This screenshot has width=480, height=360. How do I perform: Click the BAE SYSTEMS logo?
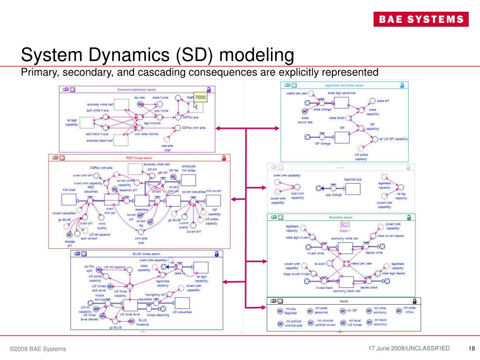(x=420, y=19)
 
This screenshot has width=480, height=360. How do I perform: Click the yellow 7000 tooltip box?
(x=201, y=97)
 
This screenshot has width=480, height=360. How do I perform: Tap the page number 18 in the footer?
(x=472, y=348)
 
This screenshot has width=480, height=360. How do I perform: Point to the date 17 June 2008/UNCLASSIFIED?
(x=409, y=348)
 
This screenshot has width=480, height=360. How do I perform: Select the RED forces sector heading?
(x=139, y=158)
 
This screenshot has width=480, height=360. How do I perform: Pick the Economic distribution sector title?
(x=136, y=89)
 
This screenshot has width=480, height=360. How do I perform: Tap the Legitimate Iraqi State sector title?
(x=344, y=85)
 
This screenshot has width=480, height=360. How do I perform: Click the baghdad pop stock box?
(x=352, y=187)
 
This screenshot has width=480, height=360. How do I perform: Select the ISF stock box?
(x=342, y=136)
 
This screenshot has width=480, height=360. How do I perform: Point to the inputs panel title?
(x=344, y=301)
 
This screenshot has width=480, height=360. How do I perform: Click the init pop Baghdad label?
(x=290, y=310)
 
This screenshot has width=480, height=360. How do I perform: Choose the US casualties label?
(x=182, y=312)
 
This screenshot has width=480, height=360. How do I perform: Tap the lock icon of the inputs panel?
(x=414, y=301)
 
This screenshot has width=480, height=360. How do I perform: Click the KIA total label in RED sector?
(x=69, y=190)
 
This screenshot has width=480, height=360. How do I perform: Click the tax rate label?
(x=139, y=97)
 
